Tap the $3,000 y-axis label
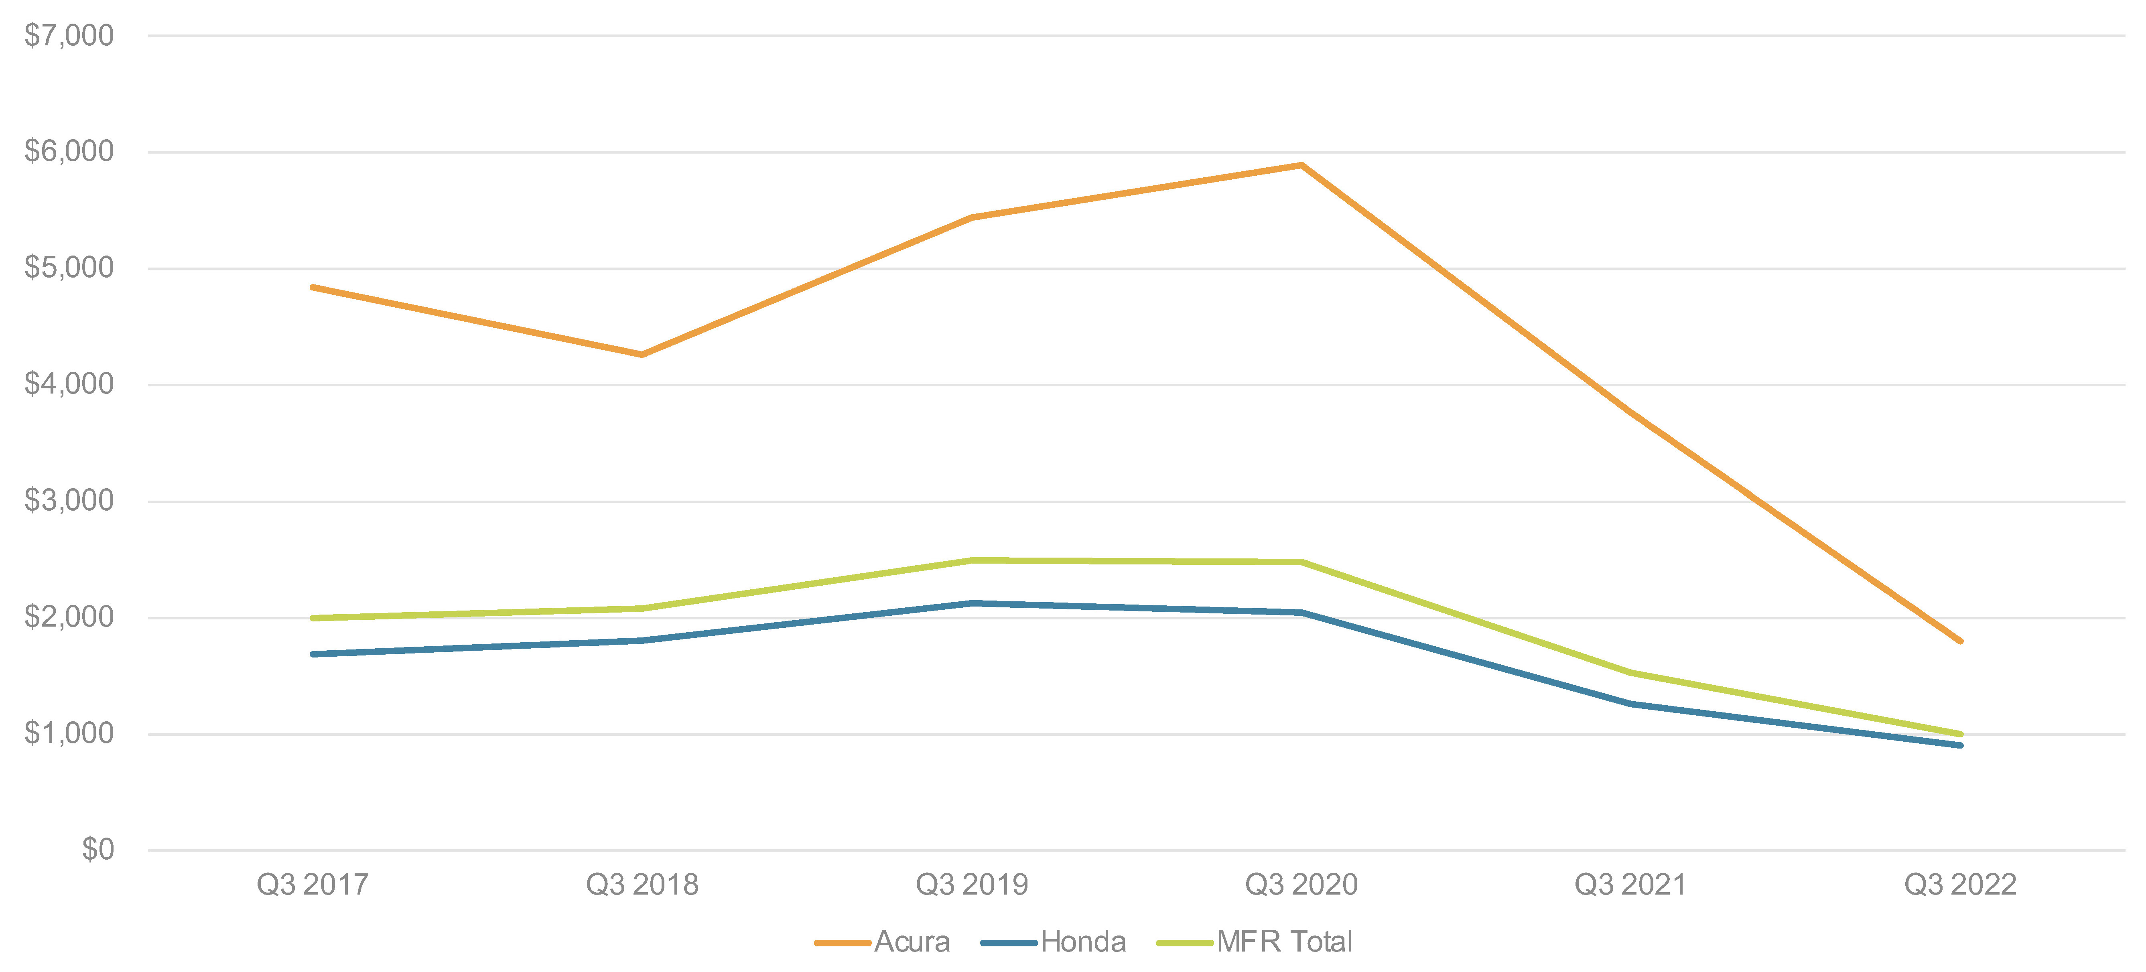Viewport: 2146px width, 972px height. point(68,501)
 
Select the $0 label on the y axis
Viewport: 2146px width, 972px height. point(97,850)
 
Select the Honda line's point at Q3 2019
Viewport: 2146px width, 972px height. point(971,603)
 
